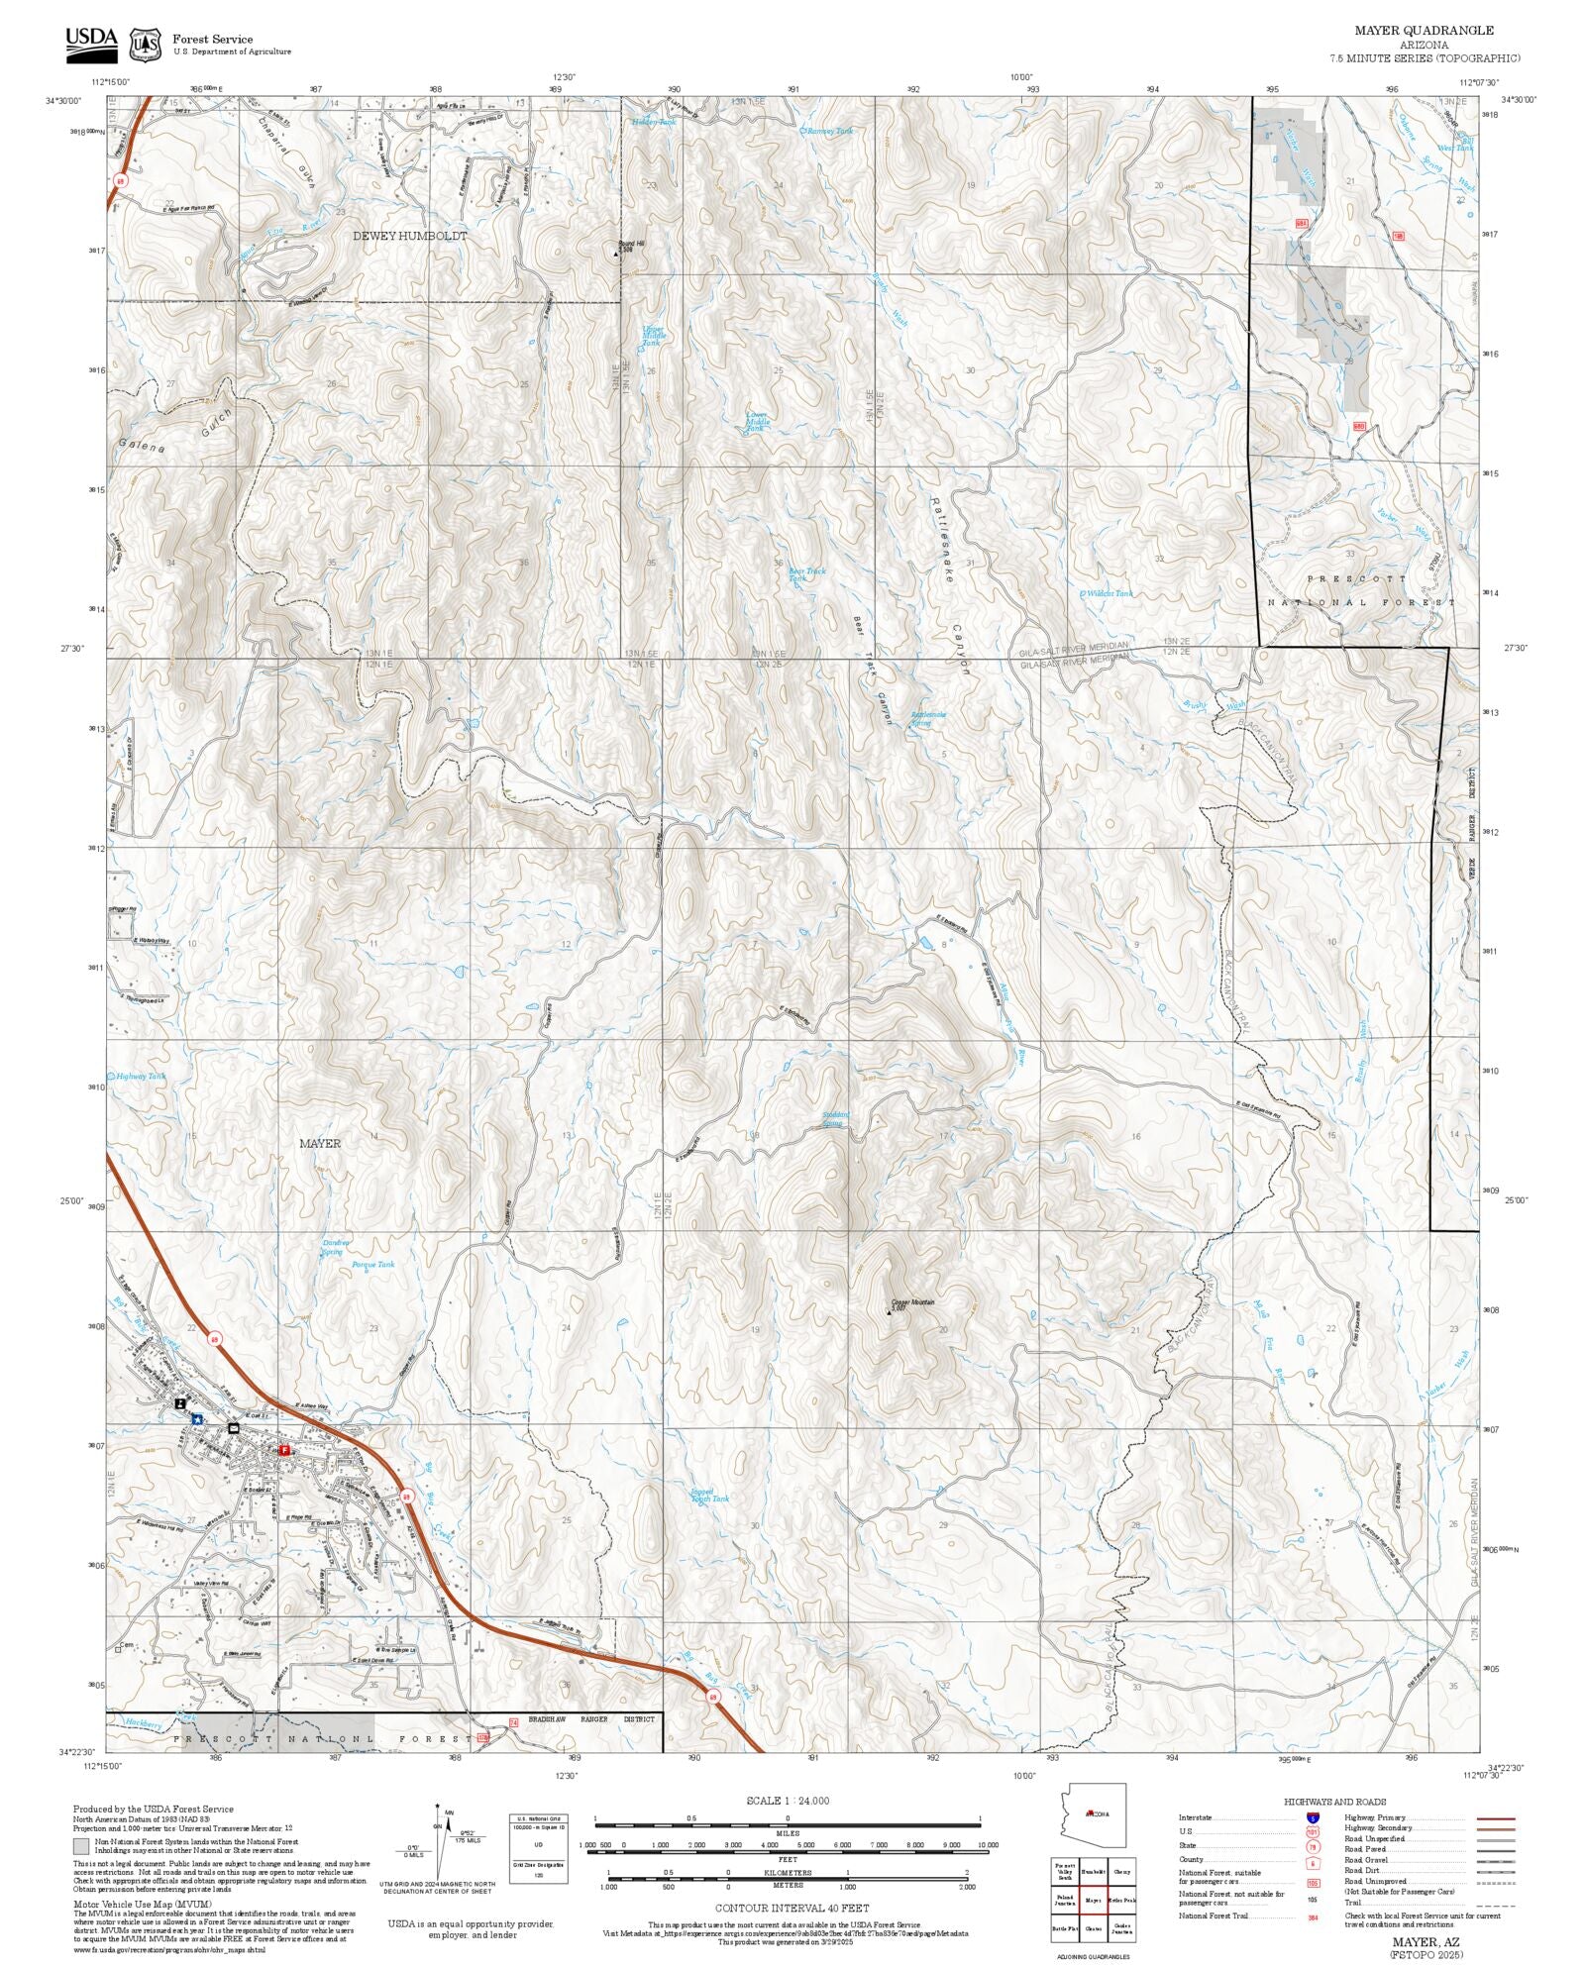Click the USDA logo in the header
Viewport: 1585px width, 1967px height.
click(91, 45)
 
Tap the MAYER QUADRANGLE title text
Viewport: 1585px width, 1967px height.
click(1424, 31)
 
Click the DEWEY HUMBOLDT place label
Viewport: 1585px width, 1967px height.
click(410, 237)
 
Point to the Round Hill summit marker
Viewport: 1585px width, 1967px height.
click(616, 254)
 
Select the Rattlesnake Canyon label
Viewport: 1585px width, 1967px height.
click(948, 584)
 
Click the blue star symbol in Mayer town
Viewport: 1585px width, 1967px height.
click(198, 1418)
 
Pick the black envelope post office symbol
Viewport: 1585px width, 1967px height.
click(234, 1428)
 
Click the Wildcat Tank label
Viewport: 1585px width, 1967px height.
click(1109, 593)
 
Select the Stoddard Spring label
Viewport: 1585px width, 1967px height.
click(834, 1118)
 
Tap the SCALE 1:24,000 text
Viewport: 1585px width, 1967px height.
click(788, 1800)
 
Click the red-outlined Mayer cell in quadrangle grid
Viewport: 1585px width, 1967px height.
click(1093, 1900)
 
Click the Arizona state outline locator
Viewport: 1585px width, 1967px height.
click(1094, 1815)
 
